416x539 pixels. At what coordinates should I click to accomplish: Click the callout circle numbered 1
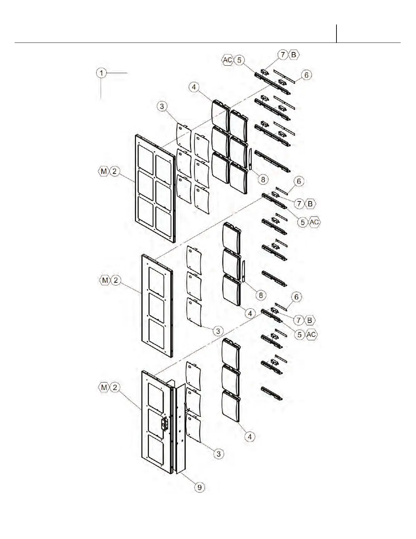click(101, 73)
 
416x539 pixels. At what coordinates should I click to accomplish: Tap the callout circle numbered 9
click(200, 487)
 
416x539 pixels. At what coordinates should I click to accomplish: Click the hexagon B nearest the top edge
click(294, 54)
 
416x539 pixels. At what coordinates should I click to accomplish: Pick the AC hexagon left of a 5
click(228, 60)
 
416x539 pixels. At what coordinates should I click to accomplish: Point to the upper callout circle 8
click(263, 179)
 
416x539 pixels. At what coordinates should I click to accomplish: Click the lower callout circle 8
click(261, 295)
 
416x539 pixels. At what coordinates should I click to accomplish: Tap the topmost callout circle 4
click(194, 87)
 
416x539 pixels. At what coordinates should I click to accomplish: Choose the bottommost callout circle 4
click(250, 436)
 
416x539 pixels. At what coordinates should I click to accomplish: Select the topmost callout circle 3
click(162, 106)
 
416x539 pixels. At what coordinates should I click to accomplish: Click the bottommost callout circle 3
click(219, 453)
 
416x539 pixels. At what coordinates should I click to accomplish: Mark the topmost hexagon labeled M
click(104, 171)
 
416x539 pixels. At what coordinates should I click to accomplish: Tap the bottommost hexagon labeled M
click(104, 387)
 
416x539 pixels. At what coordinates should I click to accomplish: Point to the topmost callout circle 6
click(306, 75)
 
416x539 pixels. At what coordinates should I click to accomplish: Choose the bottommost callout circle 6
click(296, 297)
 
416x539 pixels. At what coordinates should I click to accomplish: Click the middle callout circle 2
click(116, 280)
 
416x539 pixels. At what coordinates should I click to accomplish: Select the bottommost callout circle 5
click(299, 334)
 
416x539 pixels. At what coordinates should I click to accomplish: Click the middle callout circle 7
click(299, 204)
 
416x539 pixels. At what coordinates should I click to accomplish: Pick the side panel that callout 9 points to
click(180, 429)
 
